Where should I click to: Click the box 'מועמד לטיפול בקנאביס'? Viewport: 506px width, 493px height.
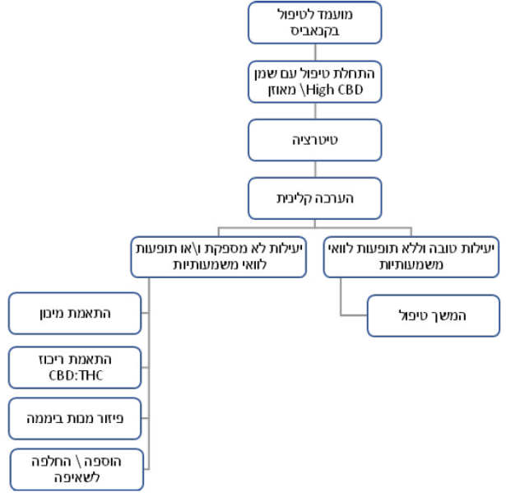click(x=315, y=23)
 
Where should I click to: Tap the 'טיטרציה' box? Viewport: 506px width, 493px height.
click(x=315, y=140)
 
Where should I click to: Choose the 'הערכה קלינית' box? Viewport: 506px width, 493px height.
click(x=315, y=198)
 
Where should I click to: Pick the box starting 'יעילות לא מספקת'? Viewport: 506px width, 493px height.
click(x=218, y=255)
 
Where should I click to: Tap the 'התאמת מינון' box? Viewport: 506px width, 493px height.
click(x=75, y=314)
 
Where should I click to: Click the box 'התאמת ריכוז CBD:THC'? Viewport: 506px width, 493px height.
click(x=75, y=367)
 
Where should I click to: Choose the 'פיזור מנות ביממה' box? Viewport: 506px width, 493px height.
click(x=75, y=419)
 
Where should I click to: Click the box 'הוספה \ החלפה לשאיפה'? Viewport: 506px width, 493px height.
click(x=77, y=470)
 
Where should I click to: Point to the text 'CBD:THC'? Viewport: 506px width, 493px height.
click(x=76, y=375)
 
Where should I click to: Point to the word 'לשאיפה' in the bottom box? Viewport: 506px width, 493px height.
click(x=77, y=478)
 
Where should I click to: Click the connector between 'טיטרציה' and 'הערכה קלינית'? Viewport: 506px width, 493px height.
click(x=315, y=169)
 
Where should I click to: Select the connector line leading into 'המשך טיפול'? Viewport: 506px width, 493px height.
click(x=353, y=316)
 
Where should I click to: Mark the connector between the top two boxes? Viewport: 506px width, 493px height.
click(x=315, y=51)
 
